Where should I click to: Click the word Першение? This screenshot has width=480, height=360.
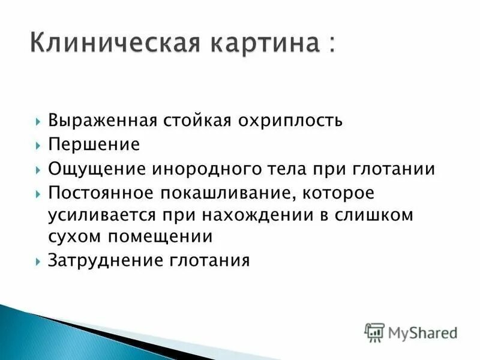point(94,145)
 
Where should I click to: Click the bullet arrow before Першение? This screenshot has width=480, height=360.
point(38,145)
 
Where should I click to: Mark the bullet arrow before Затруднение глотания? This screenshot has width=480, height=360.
point(38,262)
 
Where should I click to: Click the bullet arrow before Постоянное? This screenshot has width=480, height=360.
point(38,194)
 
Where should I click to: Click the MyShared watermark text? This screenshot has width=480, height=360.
point(423,332)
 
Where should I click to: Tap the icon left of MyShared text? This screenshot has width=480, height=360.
point(375,332)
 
